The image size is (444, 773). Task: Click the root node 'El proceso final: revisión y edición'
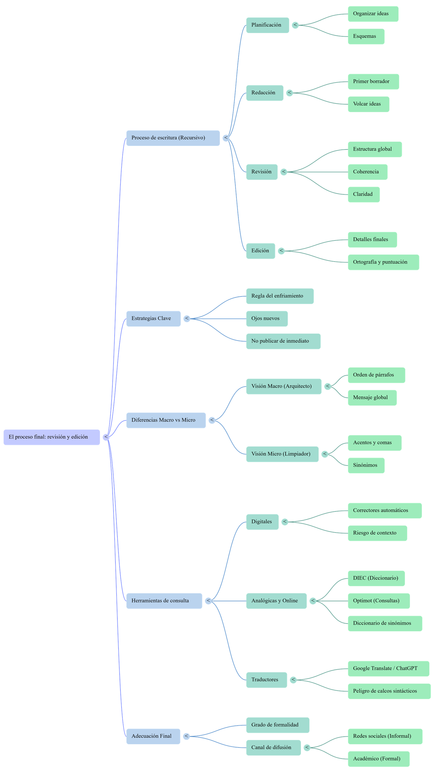[52, 437]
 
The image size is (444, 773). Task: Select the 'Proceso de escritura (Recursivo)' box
[173, 138]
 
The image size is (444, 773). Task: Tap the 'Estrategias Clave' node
[153, 319]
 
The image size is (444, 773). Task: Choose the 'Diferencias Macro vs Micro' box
[166, 420]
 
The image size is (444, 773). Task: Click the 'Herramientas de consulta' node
[164, 601]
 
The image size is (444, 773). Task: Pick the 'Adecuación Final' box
[153, 736]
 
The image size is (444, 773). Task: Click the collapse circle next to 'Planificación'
[295, 25]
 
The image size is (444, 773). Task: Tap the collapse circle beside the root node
[106, 437]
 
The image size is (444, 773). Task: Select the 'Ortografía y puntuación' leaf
[383, 262]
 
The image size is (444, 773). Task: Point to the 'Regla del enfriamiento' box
[280, 296]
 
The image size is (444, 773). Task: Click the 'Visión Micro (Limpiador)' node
[282, 454]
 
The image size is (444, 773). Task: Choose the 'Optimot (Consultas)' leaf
[379, 601]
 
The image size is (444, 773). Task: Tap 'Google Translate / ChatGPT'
[388, 668]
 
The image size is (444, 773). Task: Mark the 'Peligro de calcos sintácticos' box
[389, 691]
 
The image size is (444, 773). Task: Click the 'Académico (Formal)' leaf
[379, 759]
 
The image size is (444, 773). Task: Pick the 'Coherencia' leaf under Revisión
[367, 172]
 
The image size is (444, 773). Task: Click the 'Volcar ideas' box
[368, 104]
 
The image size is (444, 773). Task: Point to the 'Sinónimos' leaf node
[366, 465]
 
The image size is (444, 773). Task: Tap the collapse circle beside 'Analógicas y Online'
[313, 601]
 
